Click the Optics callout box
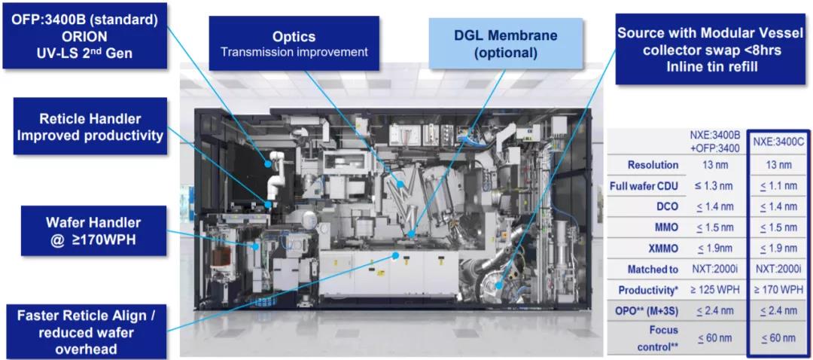(x=294, y=44)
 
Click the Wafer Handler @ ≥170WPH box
(x=90, y=231)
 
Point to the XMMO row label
(x=662, y=248)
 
